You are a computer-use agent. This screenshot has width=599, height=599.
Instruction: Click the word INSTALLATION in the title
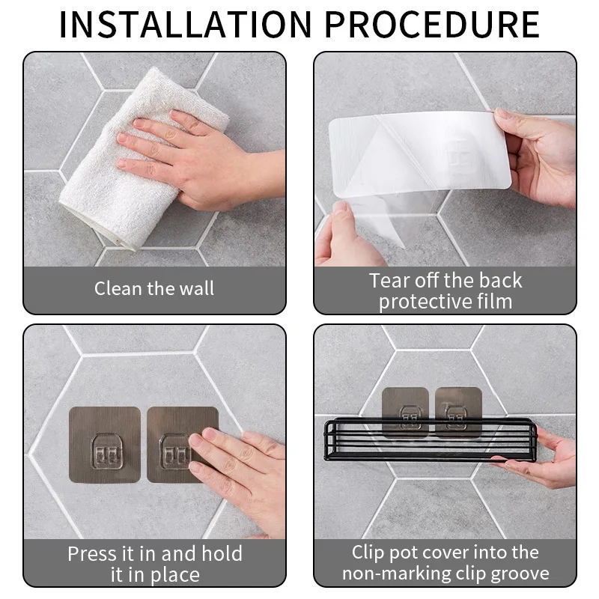click(186, 25)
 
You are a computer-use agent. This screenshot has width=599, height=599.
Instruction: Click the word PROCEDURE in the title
click(432, 25)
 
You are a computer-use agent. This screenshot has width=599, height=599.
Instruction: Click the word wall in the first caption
click(196, 288)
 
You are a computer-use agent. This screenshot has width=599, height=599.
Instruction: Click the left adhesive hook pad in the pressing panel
click(105, 444)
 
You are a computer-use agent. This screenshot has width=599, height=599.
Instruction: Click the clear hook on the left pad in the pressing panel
click(107, 451)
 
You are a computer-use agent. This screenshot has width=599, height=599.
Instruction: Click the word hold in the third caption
click(222, 553)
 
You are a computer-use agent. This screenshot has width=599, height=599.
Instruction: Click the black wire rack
click(430, 440)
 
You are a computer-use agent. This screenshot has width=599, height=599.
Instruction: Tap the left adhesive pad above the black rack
click(405, 412)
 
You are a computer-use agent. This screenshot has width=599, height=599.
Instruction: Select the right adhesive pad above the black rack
click(458, 412)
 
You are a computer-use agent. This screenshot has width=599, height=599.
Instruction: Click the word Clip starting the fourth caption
click(368, 553)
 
